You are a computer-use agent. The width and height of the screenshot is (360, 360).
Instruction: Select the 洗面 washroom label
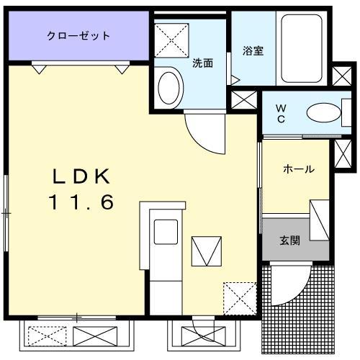click(x=202, y=63)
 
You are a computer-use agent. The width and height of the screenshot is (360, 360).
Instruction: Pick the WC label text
click(x=282, y=113)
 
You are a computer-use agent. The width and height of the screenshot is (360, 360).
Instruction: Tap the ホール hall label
click(x=298, y=169)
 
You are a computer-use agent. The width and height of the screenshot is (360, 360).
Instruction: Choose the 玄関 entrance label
click(x=290, y=240)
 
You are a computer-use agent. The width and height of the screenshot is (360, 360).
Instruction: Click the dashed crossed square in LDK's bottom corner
click(x=238, y=295)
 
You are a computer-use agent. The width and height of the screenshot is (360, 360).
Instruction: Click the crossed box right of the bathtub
click(x=341, y=76)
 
